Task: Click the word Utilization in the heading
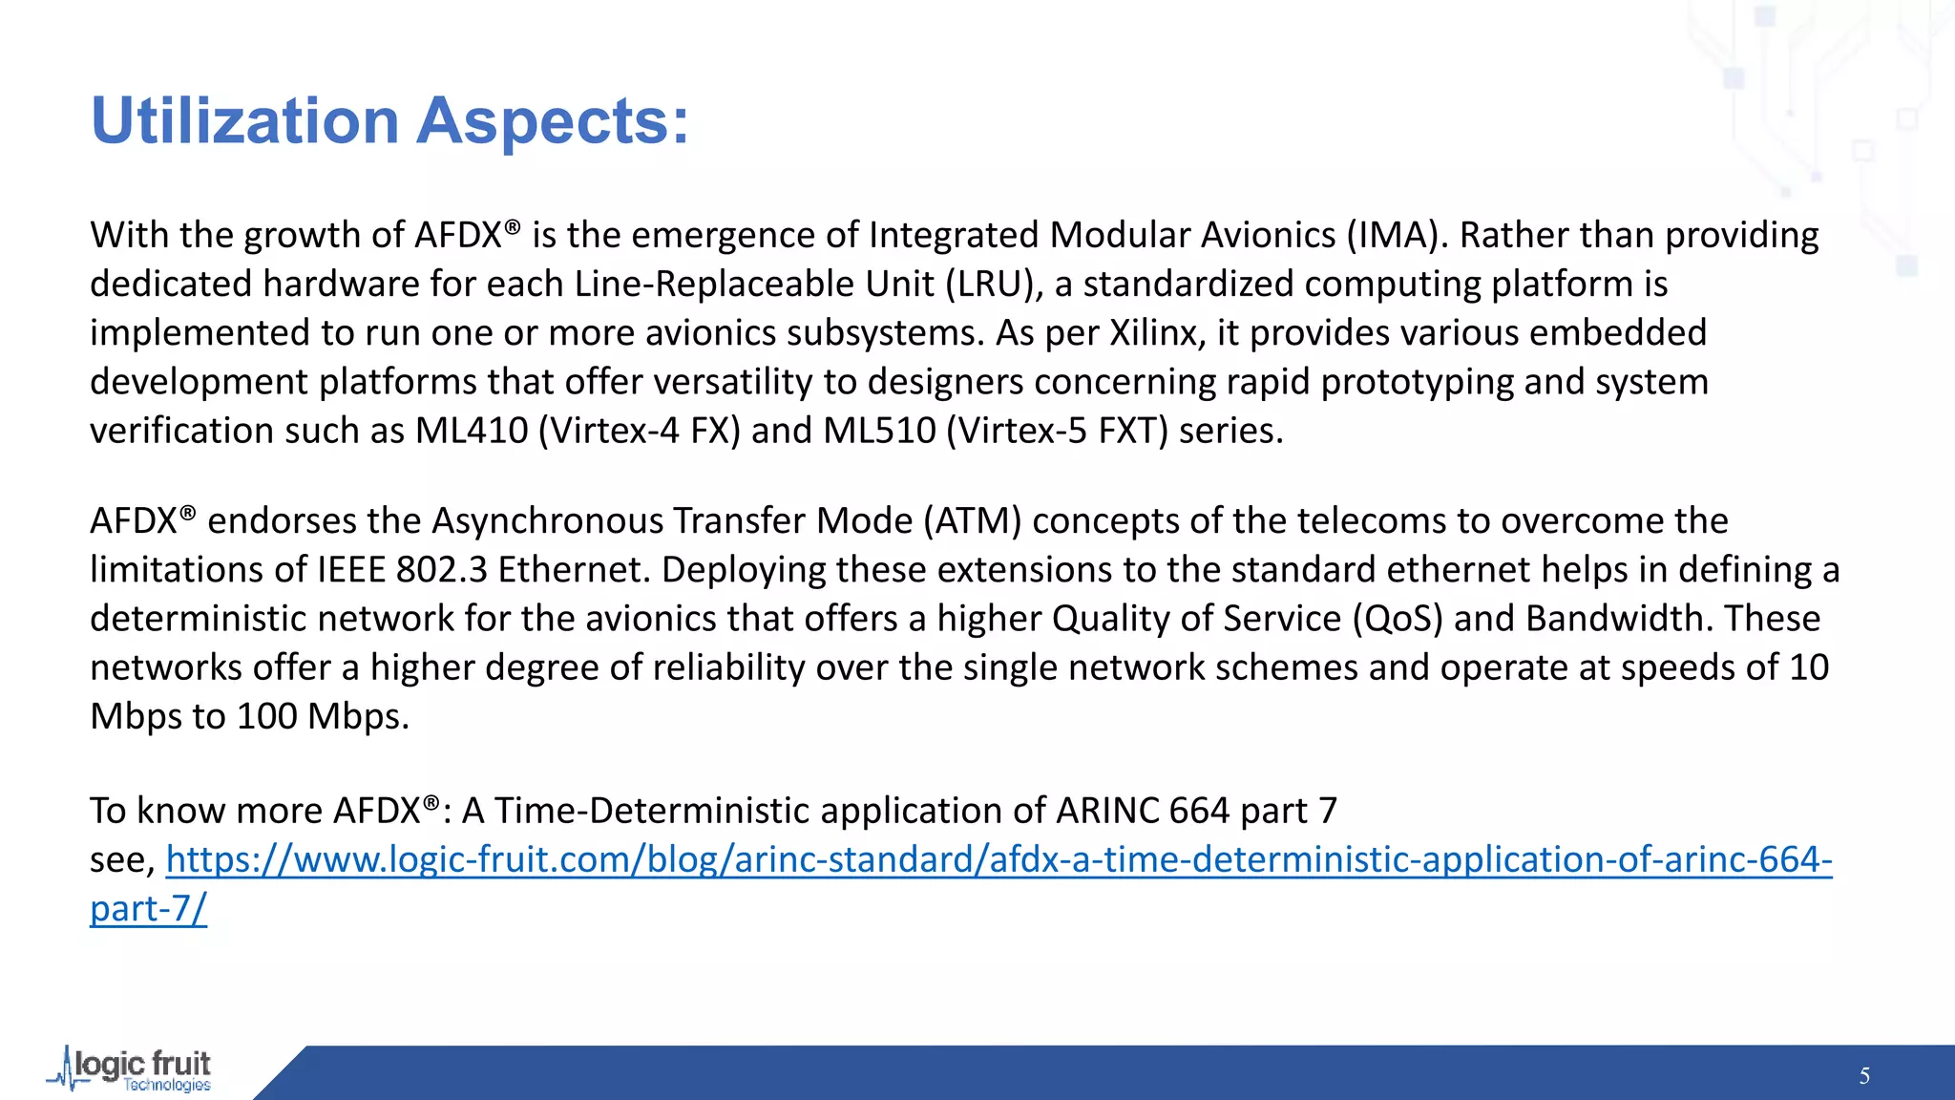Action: click(x=244, y=121)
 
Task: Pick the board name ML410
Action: click(x=472, y=431)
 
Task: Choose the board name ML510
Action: click(x=879, y=431)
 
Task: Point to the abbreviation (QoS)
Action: click(x=1398, y=619)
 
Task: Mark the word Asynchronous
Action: click(x=547, y=520)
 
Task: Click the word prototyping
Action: click(x=1417, y=382)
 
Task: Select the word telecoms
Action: click(x=1368, y=520)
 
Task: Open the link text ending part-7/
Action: click(x=148, y=909)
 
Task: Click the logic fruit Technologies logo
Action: click(x=132, y=1069)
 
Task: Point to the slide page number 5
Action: click(x=1864, y=1076)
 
